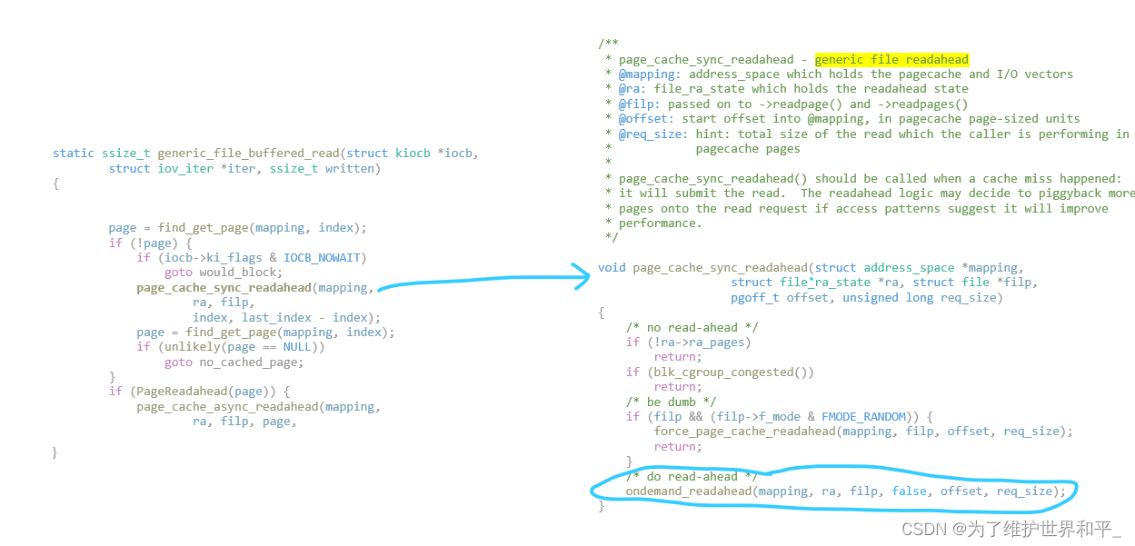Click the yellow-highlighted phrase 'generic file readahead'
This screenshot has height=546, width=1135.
click(x=891, y=59)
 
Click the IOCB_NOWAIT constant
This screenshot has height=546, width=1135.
click(x=324, y=257)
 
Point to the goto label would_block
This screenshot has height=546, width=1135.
click(x=241, y=272)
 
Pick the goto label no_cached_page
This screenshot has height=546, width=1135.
click(x=252, y=362)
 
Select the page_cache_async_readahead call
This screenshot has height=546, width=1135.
click(x=227, y=406)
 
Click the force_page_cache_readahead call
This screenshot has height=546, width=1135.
click(x=744, y=432)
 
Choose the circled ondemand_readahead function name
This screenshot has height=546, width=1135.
click(x=688, y=491)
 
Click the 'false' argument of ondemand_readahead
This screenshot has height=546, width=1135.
click(x=910, y=491)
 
